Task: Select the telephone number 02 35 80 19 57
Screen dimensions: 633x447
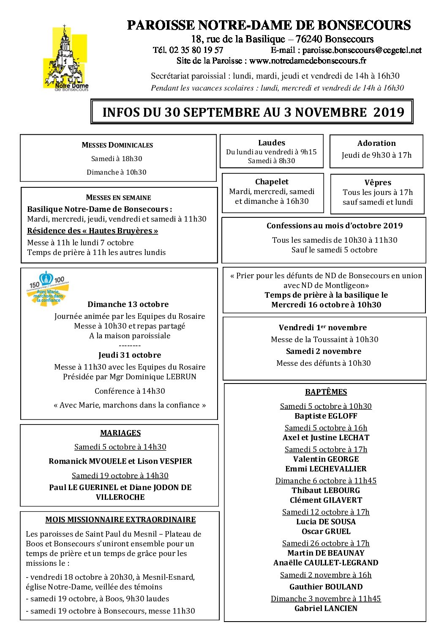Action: point(196,50)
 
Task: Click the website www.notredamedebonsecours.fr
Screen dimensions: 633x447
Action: point(308,61)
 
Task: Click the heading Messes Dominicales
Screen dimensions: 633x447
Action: point(117,145)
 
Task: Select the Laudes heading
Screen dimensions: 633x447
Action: point(272,143)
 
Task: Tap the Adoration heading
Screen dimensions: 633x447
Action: point(376,143)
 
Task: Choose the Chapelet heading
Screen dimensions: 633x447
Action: point(272,182)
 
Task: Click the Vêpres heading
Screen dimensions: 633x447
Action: point(378,183)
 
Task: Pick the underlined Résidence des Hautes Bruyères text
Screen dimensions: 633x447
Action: point(93,231)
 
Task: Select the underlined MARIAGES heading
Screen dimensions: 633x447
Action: point(120,433)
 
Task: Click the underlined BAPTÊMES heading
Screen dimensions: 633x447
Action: point(326,392)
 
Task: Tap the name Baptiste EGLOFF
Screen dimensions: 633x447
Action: point(326,416)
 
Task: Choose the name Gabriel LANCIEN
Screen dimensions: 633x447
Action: point(326,608)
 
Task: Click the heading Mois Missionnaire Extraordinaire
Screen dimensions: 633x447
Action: point(120,520)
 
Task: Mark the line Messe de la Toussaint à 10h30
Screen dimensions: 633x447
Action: point(324,340)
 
